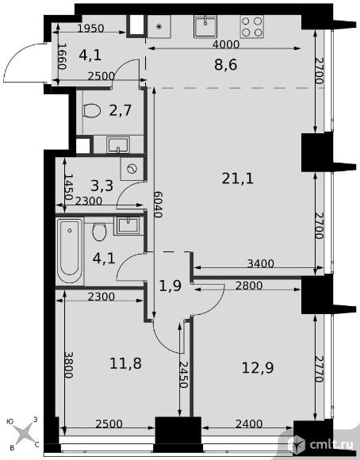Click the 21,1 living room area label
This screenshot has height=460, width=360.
(237, 178)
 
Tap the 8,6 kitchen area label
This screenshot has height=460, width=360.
(225, 64)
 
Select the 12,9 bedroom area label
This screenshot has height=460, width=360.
(257, 367)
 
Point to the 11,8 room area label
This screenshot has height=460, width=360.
(125, 363)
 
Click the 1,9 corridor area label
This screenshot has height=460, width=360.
(170, 286)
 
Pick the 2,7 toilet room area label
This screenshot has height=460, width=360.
(121, 110)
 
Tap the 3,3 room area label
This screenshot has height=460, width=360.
(101, 186)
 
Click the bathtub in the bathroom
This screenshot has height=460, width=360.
(70, 251)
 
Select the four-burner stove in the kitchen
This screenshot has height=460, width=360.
(251, 27)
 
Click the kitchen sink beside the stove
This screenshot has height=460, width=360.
(205, 27)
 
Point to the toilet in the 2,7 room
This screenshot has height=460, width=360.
(91, 111)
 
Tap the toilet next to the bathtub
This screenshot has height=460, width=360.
(99, 232)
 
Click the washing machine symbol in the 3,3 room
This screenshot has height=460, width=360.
(132, 169)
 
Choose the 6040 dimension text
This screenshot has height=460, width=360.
(159, 204)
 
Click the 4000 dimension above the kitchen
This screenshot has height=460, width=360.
(226, 44)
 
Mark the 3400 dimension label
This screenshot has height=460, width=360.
(261, 263)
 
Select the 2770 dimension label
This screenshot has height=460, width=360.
(320, 369)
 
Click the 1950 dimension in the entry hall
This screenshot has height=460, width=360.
(91, 29)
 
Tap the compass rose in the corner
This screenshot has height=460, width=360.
(24, 434)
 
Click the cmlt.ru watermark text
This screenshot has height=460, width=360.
(331, 445)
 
